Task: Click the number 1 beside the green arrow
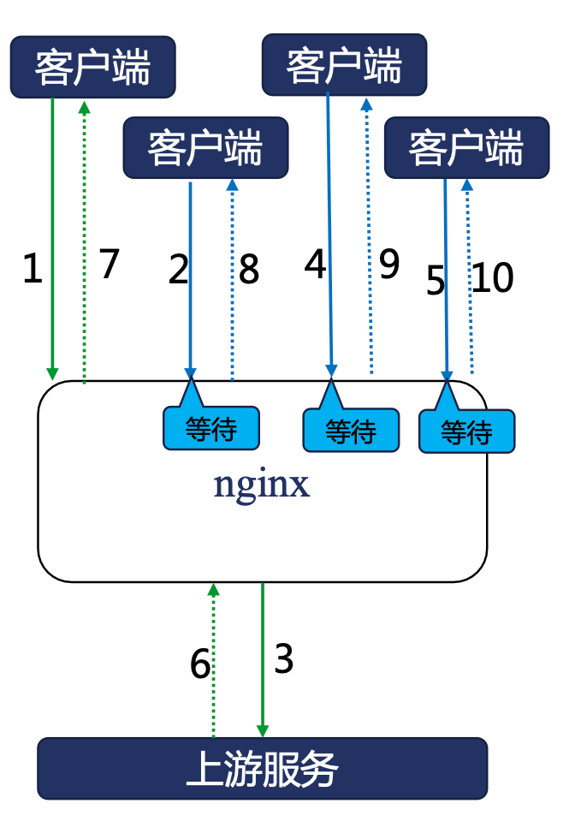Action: [x=33, y=270]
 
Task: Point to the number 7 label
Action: [x=109, y=265]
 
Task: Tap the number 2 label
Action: [x=178, y=270]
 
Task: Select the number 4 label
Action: [x=315, y=265]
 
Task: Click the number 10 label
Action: [x=492, y=278]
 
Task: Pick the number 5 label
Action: [x=436, y=282]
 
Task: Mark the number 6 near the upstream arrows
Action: [x=200, y=664]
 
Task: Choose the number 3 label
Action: [x=283, y=659]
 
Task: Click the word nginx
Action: [x=261, y=485]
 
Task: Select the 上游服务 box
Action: [x=262, y=769]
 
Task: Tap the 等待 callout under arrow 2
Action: [x=210, y=426]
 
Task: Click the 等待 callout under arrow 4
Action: [x=351, y=430]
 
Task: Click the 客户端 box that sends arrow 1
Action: [x=92, y=67]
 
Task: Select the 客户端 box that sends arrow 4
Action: [x=344, y=64]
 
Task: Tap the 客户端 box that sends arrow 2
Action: [x=205, y=148]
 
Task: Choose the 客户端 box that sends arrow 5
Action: [x=466, y=148]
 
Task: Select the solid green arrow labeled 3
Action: [x=263, y=659]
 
